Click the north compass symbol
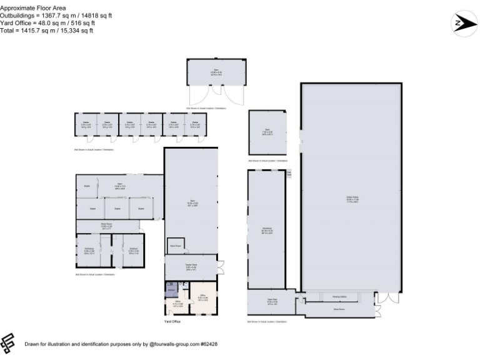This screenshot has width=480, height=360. (x=464, y=24)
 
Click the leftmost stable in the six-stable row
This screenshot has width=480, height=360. (x=86, y=126)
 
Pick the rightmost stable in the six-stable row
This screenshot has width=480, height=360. (x=195, y=126)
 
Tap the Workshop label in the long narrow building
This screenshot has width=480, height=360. (x=267, y=229)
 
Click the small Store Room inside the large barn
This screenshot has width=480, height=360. (x=176, y=246)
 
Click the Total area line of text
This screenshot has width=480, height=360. (x=46, y=30)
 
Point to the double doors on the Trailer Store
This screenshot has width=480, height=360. (x=221, y=267)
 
